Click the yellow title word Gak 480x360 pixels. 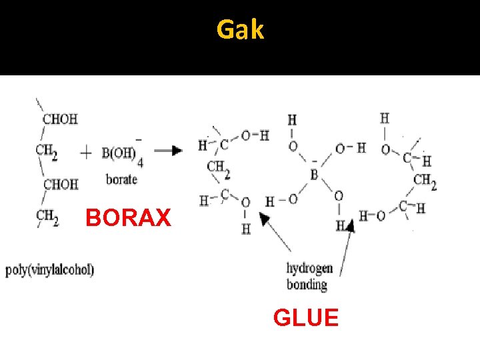point(240,29)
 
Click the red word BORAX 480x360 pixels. point(128,218)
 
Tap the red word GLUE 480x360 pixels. point(305,317)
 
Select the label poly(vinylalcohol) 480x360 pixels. point(50,270)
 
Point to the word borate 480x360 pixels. point(121,179)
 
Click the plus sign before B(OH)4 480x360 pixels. point(86,153)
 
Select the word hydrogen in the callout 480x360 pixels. point(309,269)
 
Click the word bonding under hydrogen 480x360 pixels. point(307,285)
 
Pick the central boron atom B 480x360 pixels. point(314,175)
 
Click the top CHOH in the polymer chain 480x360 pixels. point(60,119)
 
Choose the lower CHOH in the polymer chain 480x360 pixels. point(61,183)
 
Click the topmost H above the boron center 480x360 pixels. point(292,121)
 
